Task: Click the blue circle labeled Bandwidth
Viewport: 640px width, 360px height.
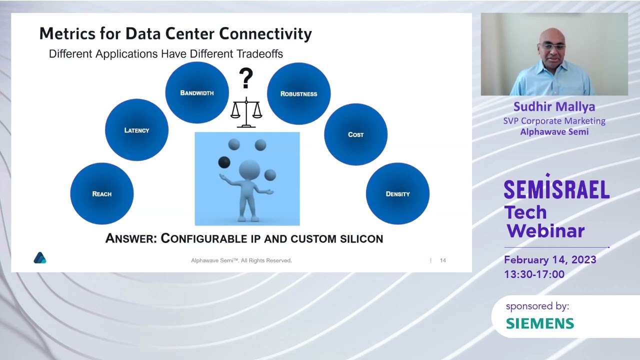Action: point(197,92)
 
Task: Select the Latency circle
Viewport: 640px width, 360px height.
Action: point(136,130)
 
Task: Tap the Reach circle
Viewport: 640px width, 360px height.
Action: point(102,193)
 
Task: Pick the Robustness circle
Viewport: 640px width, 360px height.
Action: point(298,93)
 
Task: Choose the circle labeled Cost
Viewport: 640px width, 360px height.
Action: point(355,134)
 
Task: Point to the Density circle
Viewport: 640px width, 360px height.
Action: point(397,193)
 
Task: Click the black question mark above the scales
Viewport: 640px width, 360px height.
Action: point(245,79)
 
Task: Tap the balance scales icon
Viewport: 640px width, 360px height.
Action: point(246,112)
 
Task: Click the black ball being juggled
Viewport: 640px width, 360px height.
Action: point(224,162)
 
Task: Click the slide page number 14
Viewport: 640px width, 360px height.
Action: point(442,260)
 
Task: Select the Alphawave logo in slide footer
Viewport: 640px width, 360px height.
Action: point(40,258)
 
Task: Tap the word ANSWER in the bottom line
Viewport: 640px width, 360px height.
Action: point(130,238)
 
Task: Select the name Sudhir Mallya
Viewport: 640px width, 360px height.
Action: point(554,106)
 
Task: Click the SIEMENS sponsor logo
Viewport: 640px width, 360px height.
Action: point(540,323)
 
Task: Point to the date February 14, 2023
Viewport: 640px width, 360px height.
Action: point(550,260)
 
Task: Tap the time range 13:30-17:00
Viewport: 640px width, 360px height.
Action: point(534,274)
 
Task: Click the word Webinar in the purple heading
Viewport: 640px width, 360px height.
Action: point(545,230)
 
